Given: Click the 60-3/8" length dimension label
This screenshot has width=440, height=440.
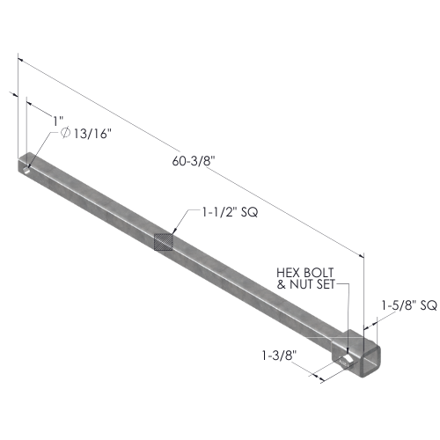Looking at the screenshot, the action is point(194,161).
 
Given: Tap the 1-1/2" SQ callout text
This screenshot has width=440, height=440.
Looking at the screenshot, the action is point(230,212).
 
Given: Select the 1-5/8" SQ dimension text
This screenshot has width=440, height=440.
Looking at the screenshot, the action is point(409,305).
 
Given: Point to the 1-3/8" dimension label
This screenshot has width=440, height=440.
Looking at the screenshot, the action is point(279,356).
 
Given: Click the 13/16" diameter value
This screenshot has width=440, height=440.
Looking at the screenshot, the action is point(92,134).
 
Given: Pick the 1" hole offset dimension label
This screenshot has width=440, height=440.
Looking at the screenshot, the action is point(58,121).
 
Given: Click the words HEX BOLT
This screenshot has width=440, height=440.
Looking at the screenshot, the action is point(305,273).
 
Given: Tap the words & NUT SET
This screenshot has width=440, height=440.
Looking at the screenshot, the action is point(306,284).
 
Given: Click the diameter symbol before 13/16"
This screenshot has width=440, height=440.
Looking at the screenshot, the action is point(66,133).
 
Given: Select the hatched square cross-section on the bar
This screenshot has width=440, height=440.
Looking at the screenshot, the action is point(164,242).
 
